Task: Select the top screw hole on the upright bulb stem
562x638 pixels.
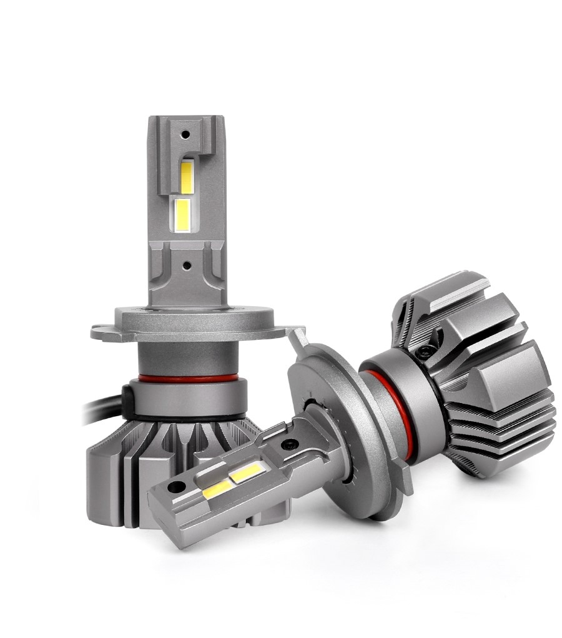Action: [184, 134]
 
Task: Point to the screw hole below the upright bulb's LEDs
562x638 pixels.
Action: [185, 265]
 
